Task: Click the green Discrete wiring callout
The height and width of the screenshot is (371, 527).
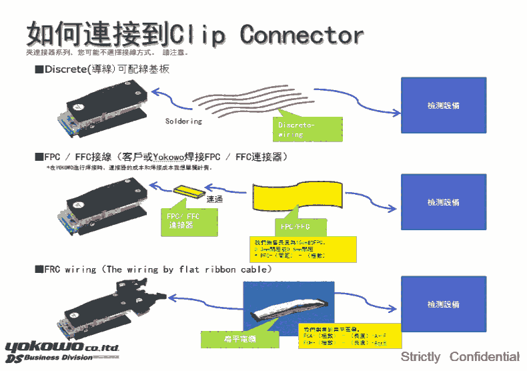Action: click(x=308, y=128)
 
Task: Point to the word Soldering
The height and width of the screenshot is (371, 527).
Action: click(x=183, y=121)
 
